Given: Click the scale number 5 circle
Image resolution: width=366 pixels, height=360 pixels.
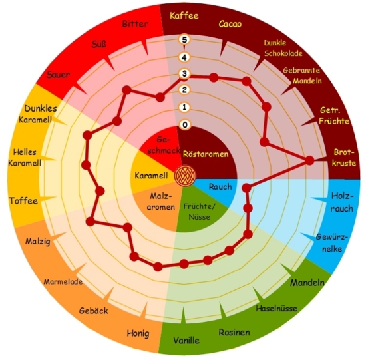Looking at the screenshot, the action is click(184, 39).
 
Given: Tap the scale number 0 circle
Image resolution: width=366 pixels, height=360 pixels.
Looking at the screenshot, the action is click(185, 125).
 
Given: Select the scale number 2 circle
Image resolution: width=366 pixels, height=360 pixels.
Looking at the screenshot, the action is click(184, 90).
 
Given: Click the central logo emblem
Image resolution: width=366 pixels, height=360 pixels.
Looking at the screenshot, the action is click(186, 176).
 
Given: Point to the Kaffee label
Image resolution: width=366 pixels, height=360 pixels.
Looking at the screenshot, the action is click(184, 16).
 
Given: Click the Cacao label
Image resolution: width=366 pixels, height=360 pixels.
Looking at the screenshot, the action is click(230, 24).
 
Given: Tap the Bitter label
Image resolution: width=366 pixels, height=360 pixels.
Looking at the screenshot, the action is click(135, 24).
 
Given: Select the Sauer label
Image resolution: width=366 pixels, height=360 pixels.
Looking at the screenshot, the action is click(58, 75).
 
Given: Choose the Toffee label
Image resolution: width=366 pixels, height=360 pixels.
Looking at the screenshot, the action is click(23, 201).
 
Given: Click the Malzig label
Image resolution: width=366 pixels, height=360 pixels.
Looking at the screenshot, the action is click(38, 241).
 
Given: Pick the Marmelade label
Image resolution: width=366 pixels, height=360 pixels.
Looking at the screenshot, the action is click(63, 281).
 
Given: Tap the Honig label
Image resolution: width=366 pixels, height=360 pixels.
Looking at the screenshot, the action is click(138, 333).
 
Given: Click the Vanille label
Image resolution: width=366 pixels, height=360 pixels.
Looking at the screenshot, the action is click(186, 341).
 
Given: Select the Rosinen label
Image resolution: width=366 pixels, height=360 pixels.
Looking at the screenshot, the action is click(234, 332).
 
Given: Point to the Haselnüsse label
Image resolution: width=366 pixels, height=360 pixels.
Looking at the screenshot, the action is click(276, 308).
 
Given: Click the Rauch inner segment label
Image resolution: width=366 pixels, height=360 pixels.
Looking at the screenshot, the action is click(220, 187).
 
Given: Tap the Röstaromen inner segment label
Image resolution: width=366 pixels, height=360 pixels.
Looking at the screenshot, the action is click(206, 154).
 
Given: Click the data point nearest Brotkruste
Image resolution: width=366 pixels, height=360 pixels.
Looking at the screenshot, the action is click(309, 160).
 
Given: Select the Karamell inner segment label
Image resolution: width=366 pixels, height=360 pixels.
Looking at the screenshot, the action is click(151, 176).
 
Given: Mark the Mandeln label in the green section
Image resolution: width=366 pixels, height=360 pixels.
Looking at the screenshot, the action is click(307, 283).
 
